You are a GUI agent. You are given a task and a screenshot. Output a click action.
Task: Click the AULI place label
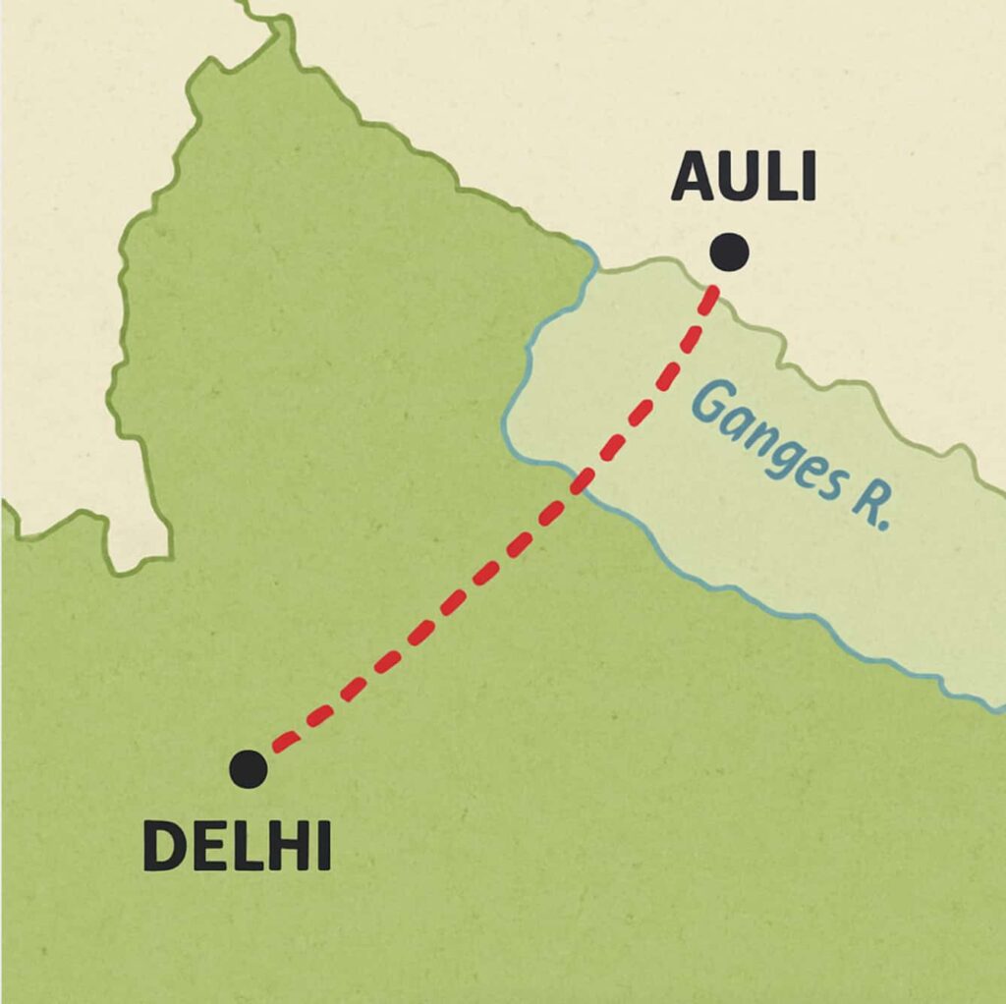tap(744, 179)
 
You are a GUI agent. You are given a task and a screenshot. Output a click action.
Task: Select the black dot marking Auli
tap(729, 252)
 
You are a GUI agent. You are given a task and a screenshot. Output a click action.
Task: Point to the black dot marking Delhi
tap(248, 768)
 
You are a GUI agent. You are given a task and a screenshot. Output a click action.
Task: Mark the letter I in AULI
tap(809, 179)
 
